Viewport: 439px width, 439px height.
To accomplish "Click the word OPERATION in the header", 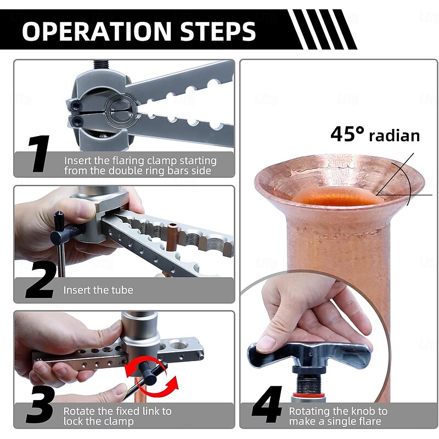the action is point(97,31).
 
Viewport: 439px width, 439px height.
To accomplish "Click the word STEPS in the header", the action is point(218,31).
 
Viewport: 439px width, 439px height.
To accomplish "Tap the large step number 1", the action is point(39,154).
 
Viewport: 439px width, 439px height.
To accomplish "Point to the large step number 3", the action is point(40,404).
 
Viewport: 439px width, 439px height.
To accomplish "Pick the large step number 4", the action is point(267,404).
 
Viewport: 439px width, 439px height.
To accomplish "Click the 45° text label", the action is point(347,134).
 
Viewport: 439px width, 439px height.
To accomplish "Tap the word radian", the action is point(395,136).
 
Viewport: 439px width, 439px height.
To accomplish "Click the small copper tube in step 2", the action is point(171,235).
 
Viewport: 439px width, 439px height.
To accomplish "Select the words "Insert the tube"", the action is point(98,290).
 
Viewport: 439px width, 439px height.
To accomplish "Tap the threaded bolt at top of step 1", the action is point(100,65).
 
